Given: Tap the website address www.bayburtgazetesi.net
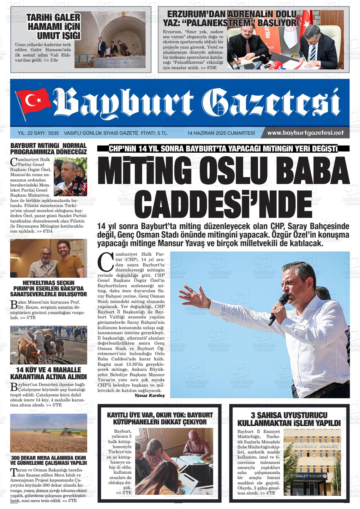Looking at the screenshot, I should pyautogui.click(x=305, y=133).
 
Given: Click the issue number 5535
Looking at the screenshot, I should pyautogui.click(x=53, y=133).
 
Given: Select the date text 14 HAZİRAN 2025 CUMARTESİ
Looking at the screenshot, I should pyautogui.click(x=221, y=133).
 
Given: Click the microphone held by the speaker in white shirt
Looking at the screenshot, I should pyautogui.click(x=278, y=309).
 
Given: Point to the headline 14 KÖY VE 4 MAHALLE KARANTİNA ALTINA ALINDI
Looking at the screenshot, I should pyautogui.click(x=49, y=373).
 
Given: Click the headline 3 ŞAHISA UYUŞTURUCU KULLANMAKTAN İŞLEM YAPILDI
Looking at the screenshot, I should pyautogui.click(x=289, y=419).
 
